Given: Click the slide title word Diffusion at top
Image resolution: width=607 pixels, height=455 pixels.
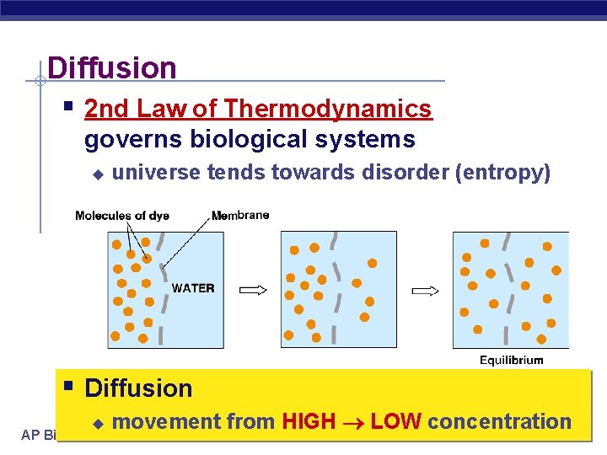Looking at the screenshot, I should click(x=112, y=67).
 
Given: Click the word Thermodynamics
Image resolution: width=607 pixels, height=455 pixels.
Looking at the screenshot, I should click(x=328, y=109).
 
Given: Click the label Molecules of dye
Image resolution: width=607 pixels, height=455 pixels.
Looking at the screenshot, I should click(x=122, y=216).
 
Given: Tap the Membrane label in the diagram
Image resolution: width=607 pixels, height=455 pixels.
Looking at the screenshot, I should click(x=240, y=216).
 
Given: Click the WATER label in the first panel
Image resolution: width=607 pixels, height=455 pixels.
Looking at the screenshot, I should click(x=193, y=288).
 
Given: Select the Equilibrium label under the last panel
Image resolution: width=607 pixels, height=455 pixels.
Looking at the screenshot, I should click(x=512, y=360).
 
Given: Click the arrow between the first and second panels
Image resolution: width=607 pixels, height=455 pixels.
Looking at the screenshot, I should click(x=253, y=290).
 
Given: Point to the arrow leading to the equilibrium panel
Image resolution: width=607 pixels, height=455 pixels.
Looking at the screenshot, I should click(x=425, y=291).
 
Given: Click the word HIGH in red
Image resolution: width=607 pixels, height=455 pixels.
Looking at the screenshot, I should click(x=309, y=421).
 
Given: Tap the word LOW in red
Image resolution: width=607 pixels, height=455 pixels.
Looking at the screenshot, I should click(x=396, y=421).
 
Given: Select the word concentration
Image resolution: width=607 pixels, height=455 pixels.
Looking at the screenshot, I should click(x=500, y=421).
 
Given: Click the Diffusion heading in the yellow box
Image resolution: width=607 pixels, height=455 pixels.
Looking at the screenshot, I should click(x=139, y=388).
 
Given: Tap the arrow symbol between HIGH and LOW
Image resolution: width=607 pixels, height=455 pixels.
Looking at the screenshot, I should click(x=353, y=422).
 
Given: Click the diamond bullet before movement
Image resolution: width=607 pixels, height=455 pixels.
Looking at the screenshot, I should click(x=97, y=422).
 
